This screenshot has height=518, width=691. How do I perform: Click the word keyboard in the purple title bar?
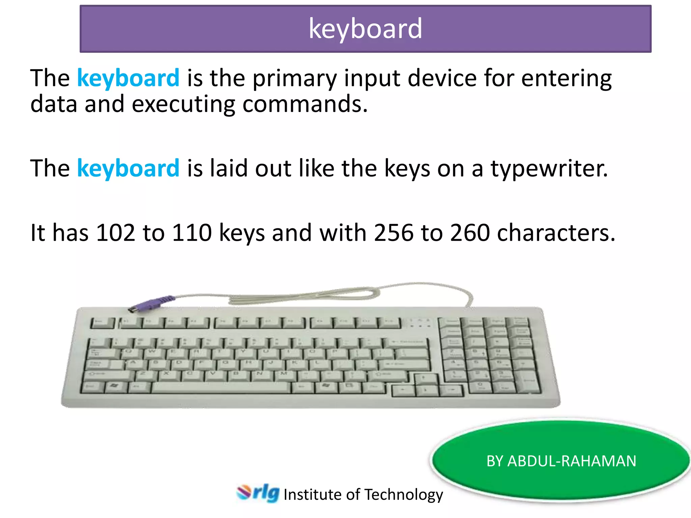click(x=365, y=29)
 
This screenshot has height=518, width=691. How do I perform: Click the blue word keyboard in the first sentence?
click(x=128, y=78)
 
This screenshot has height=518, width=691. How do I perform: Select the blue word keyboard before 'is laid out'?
click(x=128, y=168)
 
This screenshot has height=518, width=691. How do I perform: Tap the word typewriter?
click(x=549, y=168)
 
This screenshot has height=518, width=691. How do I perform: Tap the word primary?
click(x=295, y=78)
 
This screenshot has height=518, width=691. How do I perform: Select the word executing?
click(x=183, y=104)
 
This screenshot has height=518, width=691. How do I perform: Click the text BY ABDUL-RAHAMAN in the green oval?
click(x=561, y=461)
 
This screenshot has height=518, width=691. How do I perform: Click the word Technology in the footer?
click(x=404, y=495)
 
